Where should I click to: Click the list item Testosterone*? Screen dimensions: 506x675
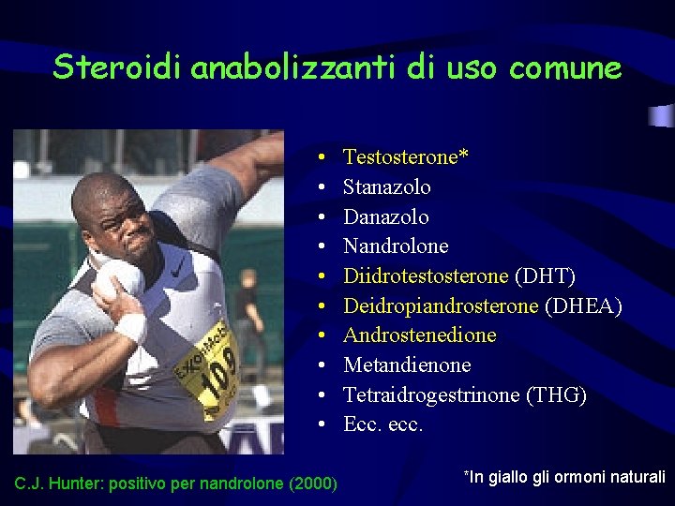(406, 157)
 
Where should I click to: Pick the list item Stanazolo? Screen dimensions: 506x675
(387, 187)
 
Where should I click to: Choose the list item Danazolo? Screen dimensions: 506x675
(386, 217)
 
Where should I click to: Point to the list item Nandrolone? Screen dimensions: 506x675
(396, 246)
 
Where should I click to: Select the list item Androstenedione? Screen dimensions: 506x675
(420, 335)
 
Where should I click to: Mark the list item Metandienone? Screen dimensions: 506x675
(407, 365)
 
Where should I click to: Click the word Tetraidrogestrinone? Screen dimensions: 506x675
(431, 395)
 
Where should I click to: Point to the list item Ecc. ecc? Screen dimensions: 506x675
(383, 424)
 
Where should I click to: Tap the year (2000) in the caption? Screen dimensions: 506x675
(314, 484)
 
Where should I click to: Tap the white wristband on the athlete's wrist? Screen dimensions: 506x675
(130, 327)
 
